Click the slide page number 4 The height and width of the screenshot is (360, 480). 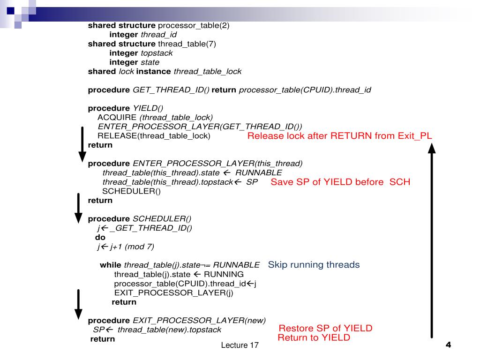click(x=448, y=345)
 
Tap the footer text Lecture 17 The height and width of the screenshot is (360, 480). click(x=240, y=345)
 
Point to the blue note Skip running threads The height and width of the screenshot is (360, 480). click(x=314, y=265)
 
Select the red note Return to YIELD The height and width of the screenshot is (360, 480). click(x=314, y=337)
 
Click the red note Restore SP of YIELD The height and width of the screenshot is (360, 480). click(x=325, y=328)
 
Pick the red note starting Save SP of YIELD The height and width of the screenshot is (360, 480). click(x=340, y=182)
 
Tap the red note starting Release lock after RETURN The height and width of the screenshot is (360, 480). click(x=339, y=136)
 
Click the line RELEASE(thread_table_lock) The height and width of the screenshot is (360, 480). click(x=154, y=136)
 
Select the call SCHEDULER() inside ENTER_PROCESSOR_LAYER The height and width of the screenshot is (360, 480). click(x=131, y=191)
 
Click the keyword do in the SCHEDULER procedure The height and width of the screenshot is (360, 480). click(x=100, y=237)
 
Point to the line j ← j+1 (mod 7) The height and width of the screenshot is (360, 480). click(x=125, y=247)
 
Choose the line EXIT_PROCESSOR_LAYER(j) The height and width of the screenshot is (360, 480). click(x=173, y=293)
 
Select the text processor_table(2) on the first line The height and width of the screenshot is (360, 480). click(x=194, y=25)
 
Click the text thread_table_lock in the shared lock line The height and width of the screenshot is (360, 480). click(x=208, y=72)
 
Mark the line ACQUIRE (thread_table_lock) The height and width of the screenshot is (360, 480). click(x=155, y=117)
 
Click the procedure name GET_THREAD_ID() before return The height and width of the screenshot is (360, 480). click(x=171, y=90)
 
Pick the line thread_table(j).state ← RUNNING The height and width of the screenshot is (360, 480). click(x=179, y=274)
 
